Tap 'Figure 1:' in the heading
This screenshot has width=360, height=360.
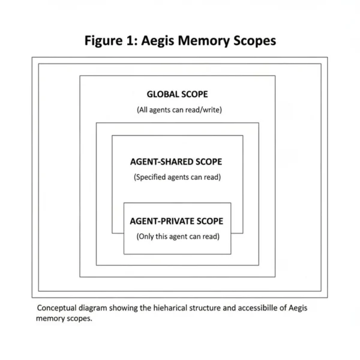[109, 41]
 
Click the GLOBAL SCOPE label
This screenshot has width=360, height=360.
[178, 94]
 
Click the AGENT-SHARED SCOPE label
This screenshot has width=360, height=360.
[176, 161]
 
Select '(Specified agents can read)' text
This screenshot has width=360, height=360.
[177, 177]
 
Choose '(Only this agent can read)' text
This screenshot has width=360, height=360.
[178, 236]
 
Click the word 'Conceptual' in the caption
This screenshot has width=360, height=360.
[58, 308]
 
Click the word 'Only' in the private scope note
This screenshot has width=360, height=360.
[147, 236]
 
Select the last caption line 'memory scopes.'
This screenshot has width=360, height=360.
[64, 319]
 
